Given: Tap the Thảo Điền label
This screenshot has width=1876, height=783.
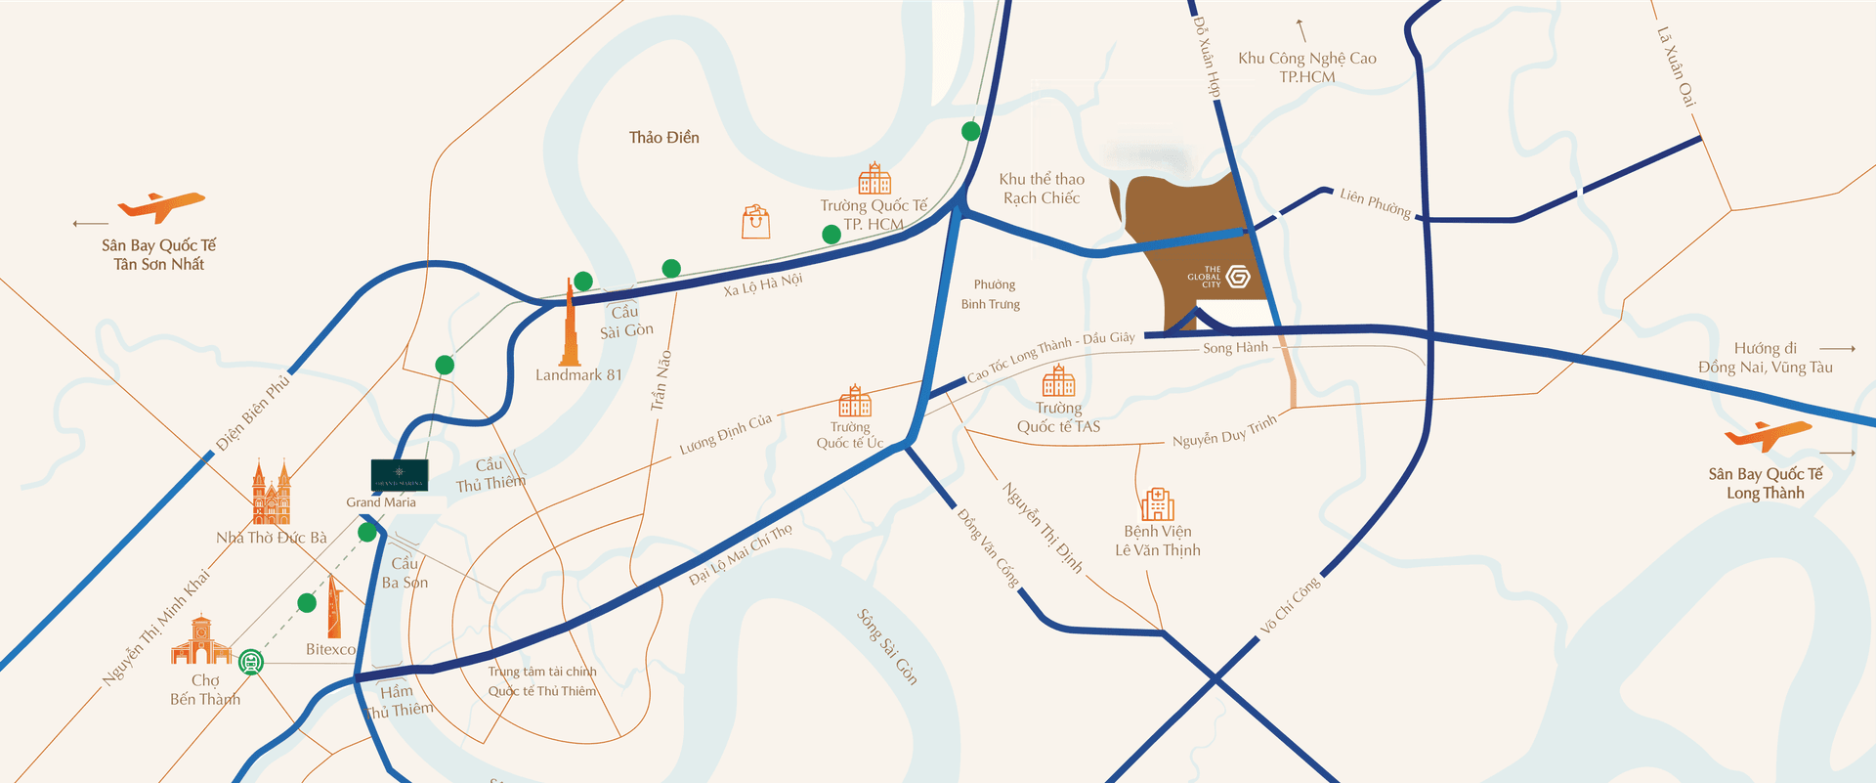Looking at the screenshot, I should tap(664, 138).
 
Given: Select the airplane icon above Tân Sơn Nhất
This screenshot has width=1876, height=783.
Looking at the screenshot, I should tap(161, 205).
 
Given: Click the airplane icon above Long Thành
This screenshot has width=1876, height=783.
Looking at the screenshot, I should tap(1769, 433).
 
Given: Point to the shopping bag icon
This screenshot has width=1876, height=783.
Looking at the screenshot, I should tap(755, 222).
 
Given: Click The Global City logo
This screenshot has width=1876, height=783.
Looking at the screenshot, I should tap(1238, 277).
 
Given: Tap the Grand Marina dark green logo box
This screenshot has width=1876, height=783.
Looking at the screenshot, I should tap(400, 475).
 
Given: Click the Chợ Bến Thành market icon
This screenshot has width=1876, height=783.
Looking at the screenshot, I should tap(200, 641).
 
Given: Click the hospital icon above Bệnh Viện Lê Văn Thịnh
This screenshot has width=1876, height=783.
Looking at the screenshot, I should tap(1158, 503).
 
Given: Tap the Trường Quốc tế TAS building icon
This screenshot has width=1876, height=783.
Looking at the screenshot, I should tap(1058, 381).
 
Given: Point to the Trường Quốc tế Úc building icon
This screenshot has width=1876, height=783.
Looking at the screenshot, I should tap(854, 401).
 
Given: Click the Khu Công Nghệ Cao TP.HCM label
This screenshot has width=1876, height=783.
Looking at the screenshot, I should tap(1307, 66).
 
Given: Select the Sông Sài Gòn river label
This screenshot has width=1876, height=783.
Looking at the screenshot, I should tap(887, 646).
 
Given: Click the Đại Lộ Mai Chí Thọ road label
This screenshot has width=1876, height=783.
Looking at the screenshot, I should tap(741, 554).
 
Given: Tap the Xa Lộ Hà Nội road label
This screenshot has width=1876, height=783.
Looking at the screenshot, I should tap(762, 284).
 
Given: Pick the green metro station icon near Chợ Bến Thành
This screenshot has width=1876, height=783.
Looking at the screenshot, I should tap(251, 662).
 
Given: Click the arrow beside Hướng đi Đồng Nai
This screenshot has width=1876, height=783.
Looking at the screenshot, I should tap(1837, 348).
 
